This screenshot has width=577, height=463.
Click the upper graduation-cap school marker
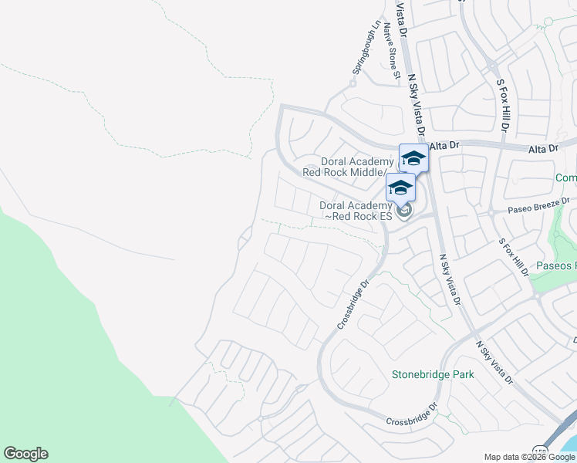click(x=413, y=158)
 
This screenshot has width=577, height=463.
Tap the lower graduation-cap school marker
click(x=401, y=188)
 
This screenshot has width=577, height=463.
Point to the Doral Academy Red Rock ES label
click(x=356, y=211)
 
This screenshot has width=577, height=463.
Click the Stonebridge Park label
click(x=433, y=374)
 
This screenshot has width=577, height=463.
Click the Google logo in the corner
click(x=25, y=454)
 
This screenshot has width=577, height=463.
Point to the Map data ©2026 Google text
click(x=529, y=457)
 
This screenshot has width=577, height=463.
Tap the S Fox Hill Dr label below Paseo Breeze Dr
click(x=514, y=257)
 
